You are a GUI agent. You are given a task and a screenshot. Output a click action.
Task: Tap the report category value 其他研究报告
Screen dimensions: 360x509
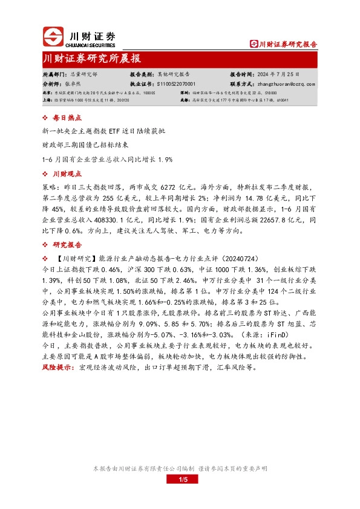pyautogui.click(x=174, y=73)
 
